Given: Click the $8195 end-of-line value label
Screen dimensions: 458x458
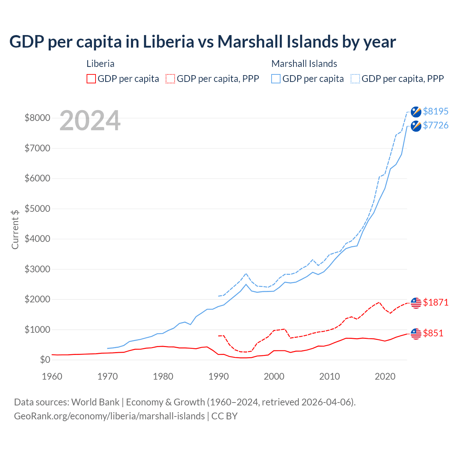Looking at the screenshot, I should (435, 111).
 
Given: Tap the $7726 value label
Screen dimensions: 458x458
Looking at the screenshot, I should (435, 125).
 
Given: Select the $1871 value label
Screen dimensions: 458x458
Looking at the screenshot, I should (435, 302).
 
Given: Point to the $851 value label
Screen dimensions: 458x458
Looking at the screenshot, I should (433, 333).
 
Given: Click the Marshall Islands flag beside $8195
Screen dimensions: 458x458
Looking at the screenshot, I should (416, 112).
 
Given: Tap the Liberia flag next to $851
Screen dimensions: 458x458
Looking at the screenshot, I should (416, 333).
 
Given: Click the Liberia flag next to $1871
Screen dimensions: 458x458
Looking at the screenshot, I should (416, 303).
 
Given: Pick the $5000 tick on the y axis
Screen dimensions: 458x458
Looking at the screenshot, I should (37, 209).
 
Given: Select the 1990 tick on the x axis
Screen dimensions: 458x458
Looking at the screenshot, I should (219, 376).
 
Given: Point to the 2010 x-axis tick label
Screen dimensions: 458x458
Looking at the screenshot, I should (330, 376).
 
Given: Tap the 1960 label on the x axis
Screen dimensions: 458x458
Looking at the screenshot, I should (52, 376).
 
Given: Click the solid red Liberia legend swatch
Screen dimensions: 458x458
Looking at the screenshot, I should (91, 79).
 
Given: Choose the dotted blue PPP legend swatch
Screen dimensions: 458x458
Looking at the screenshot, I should (355, 79).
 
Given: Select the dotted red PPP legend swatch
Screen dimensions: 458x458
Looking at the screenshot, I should (170, 79).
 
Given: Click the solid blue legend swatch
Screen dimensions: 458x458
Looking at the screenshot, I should (276, 79).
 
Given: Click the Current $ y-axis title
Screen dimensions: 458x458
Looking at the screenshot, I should (15, 229).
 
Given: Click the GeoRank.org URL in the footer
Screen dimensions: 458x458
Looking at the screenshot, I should (109, 416).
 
